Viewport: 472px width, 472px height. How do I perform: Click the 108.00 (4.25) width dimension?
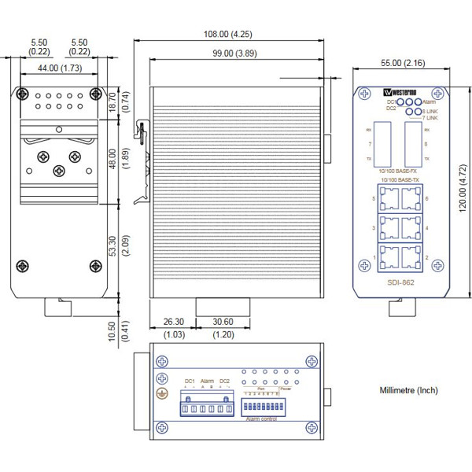pyautogui.click(x=229, y=34)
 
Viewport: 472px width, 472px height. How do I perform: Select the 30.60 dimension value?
pyautogui.click(x=223, y=322)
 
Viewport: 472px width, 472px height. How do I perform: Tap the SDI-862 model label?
pyautogui.click(x=402, y=282)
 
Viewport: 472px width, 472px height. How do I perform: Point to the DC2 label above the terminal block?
pyautogui.click(x=224, y=382)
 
